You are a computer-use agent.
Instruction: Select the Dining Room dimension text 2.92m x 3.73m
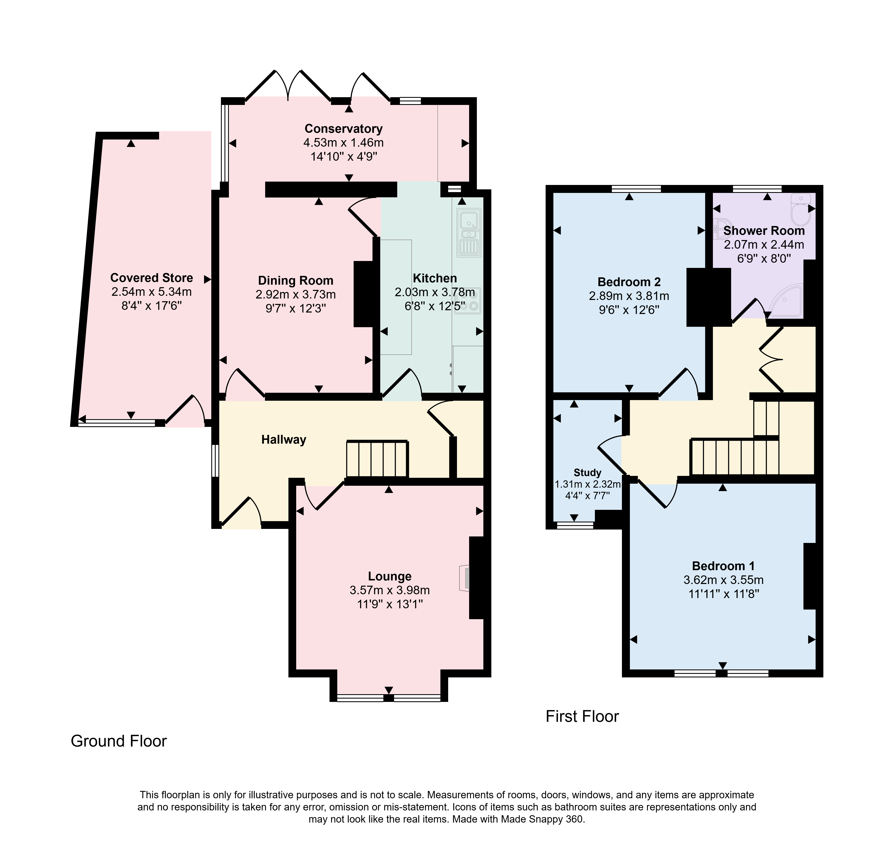coord(296,295)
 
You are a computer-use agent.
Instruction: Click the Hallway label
coord(284,440)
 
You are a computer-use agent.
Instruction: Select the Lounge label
coord(389,576)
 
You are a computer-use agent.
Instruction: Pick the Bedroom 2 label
coord(629,282)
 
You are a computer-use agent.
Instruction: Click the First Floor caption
coord(582,717)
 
